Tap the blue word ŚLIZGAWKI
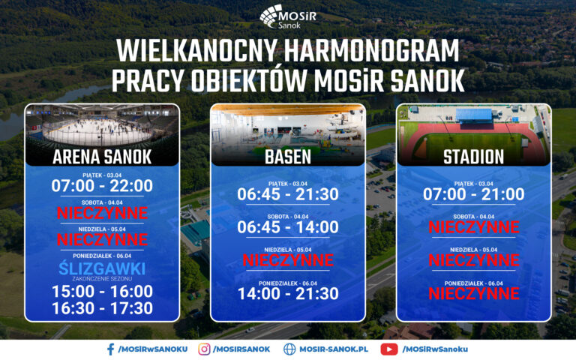[102, 268]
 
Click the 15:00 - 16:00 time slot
[102, 291]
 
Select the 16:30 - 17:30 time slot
[102, 308]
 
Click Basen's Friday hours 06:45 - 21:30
[288, 194]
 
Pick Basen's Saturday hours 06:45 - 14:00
[288, 227]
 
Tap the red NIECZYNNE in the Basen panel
[288, 260]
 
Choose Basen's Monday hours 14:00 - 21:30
[288, 293]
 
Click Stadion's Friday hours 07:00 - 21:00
[473, 194]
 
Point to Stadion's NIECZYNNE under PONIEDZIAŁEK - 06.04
[473, 293]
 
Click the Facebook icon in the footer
[110, 349]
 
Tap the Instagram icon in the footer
[204, 349]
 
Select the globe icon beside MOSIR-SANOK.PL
[289, 349]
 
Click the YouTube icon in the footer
[388, 349]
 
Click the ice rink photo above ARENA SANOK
[102, 125]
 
